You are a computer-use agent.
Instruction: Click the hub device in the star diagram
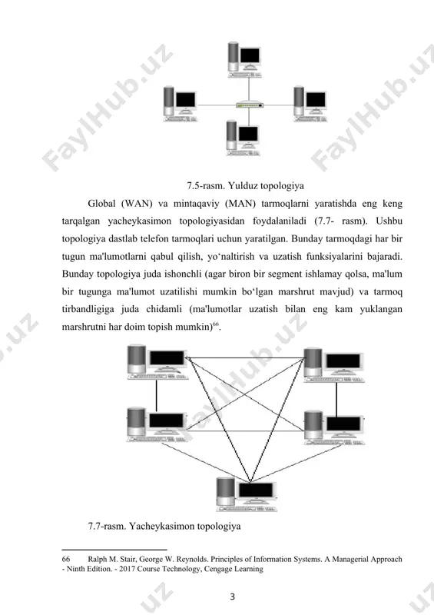(250, 105)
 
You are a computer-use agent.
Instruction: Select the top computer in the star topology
(244, 60)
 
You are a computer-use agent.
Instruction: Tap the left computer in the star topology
(180, 105)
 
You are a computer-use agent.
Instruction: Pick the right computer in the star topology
(310, 105)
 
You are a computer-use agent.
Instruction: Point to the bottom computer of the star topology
(243, 138)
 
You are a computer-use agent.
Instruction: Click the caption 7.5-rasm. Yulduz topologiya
(246, 185)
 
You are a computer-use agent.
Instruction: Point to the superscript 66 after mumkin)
(215, 324)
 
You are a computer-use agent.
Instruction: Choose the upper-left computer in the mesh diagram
(157, 361)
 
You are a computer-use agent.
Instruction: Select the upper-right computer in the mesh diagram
(334, 364)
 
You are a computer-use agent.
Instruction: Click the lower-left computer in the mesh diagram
(157, 425)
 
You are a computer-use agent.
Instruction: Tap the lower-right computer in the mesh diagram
(334, 427)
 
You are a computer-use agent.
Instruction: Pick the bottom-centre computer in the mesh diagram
(247, 494)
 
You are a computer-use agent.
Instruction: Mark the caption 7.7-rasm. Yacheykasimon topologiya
(164, 526)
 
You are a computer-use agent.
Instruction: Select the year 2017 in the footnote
(127, 569)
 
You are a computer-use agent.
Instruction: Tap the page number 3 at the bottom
(232, 597)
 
